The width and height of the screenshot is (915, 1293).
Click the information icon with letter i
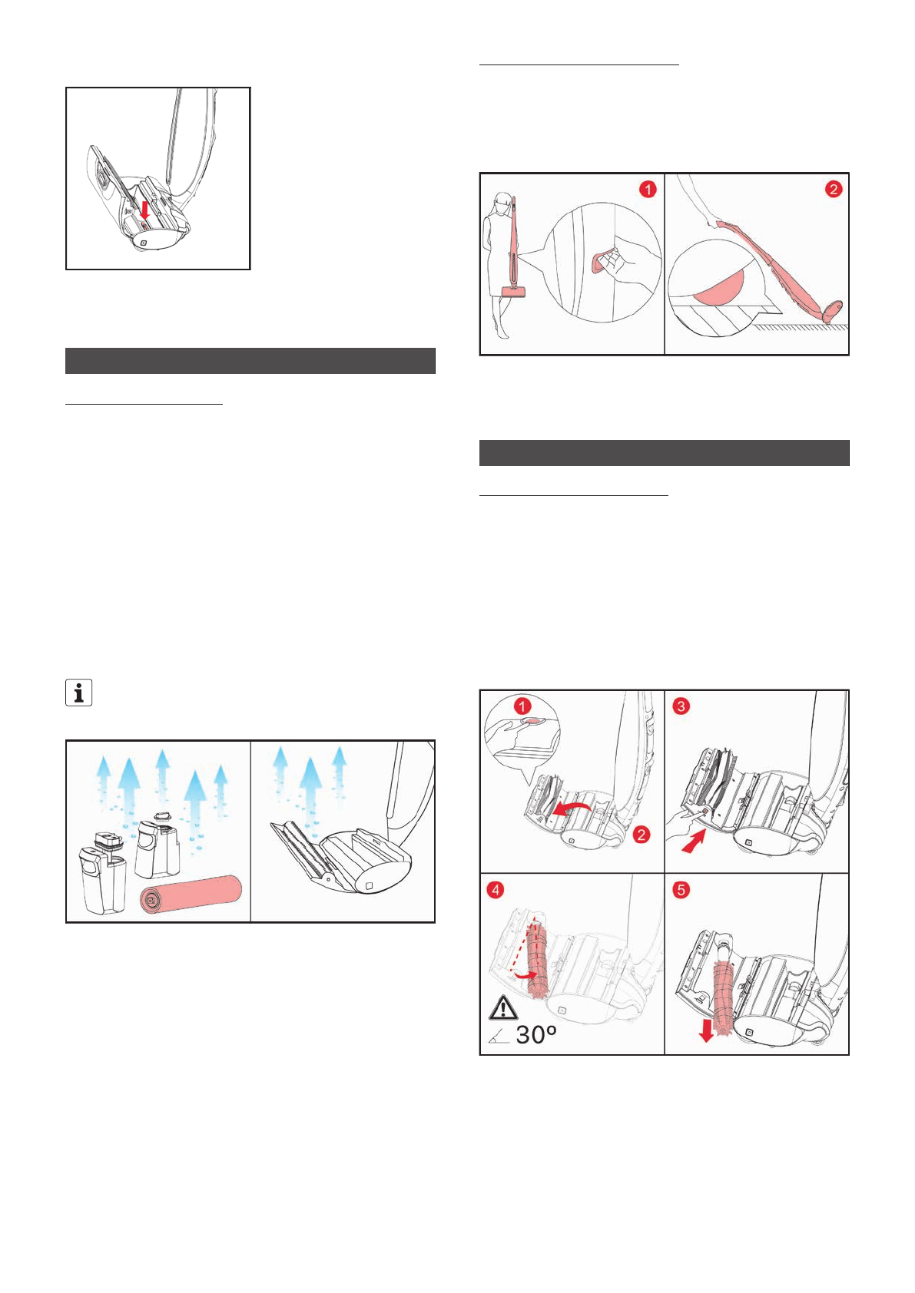pos(78,693)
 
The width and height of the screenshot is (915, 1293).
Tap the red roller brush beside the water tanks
pos(191,895)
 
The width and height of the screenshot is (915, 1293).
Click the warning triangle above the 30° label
pos(503,1007)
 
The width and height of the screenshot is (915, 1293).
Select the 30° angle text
pos(535,1035)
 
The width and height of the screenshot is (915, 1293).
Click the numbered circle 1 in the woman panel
pos(648,189)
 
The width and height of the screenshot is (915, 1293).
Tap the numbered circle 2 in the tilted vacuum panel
pos(834,189)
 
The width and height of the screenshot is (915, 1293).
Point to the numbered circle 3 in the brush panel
pos(681,706)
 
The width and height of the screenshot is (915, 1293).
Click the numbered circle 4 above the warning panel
pos(496,890)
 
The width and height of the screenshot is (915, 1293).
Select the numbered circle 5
pos(681,890)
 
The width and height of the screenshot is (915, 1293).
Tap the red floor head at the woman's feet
pos(512,290)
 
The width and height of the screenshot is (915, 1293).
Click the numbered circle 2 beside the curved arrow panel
pos(641,835)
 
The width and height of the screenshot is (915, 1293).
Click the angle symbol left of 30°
pos(498,1037)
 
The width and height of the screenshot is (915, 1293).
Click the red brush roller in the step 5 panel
pos(723,990)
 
